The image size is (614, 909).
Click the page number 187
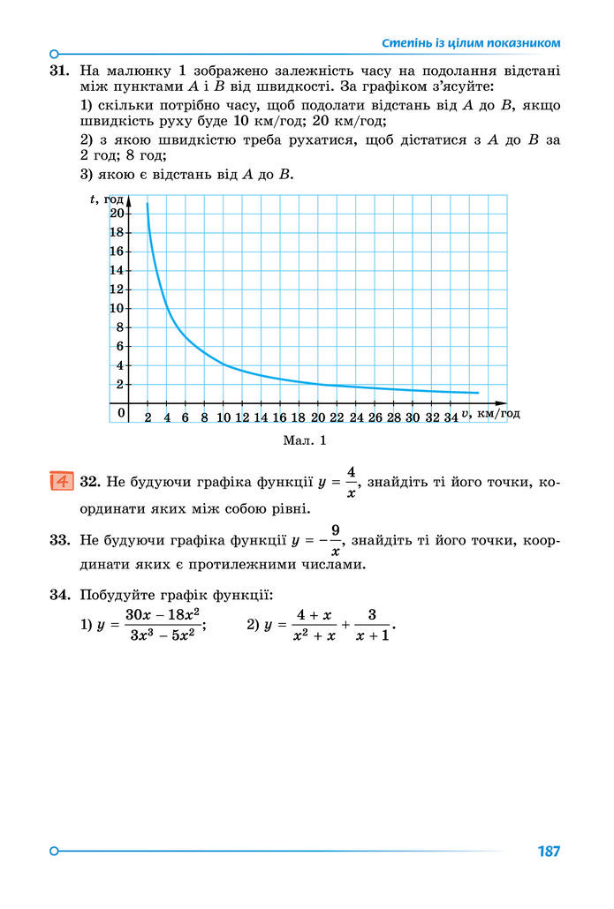click(549, 852)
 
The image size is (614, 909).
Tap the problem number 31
click(60, 69)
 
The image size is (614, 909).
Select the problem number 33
click(60, 539)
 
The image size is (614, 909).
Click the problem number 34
click(60, 596)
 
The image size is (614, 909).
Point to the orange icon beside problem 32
click(61, 482)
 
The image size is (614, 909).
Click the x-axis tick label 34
click(450, 417)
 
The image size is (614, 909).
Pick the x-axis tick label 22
click(337, 417)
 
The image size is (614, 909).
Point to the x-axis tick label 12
click(242, 417)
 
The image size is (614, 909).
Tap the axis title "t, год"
click(108, 199)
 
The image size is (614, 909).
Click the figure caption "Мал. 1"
click(306, 439)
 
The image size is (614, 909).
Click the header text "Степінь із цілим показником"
click(471, 42)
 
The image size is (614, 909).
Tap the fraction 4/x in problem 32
click(351, 483)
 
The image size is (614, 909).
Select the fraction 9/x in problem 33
click(336, 540)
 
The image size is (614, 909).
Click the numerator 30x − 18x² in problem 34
click(162, 614)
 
